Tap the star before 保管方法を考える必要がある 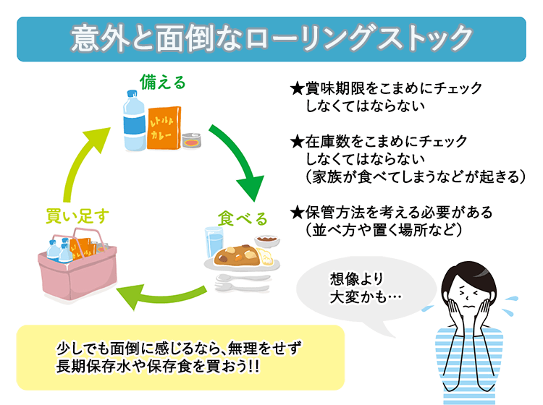coord(295,213)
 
